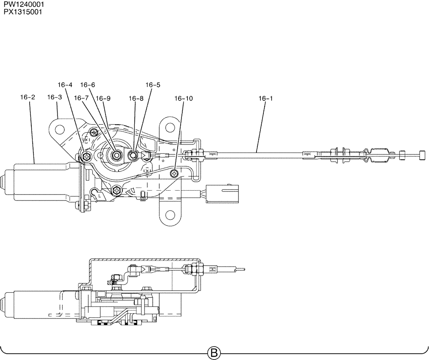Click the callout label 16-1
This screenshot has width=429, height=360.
click(266, 98)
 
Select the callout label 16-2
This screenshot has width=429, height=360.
click(27, 97)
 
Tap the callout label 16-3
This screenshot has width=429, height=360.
click(54, 97)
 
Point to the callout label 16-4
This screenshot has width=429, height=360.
click(65, 85)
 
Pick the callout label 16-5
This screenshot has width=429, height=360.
click(153, 85)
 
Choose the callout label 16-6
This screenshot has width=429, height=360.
click(88, 85)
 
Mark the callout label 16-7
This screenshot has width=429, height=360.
click(81, 98)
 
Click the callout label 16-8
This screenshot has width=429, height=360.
click(136, 98)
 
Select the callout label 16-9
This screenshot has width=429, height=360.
click(103, 98)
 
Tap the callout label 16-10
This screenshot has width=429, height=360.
click(184, 98)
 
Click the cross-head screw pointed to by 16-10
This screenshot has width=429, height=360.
click(174, 173)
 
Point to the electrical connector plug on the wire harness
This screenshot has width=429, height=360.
click(222, 194)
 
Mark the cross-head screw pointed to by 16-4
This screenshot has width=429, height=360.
click(87, 156)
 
